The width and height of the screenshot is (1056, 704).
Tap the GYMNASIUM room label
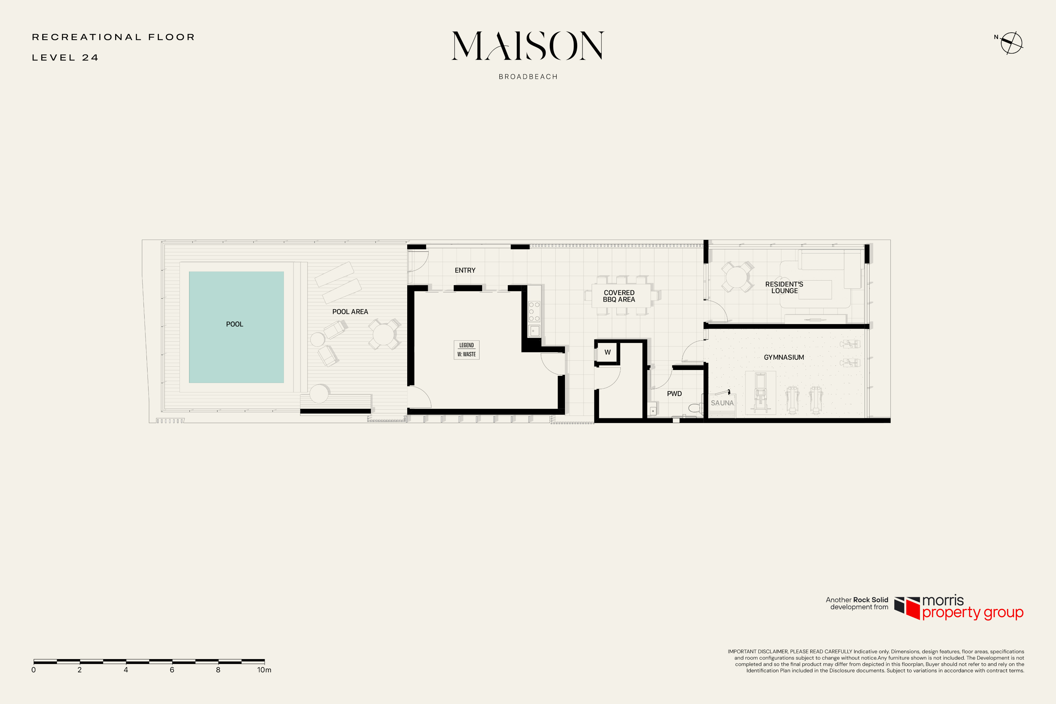coord(784,357)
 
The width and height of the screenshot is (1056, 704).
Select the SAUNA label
coord(722,403)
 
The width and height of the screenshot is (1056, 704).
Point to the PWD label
coord(674,394)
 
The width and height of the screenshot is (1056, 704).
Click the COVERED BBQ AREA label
coord(619,296)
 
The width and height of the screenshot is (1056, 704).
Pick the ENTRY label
coord(465,270)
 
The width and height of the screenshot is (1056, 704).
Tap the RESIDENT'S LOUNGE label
coord(784,287)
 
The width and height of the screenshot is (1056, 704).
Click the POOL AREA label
coord(350,312)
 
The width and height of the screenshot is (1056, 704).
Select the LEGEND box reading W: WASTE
coord(466,350)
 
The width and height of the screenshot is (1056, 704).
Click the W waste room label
coord(607,352)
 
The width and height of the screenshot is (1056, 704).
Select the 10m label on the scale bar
coord(264,670)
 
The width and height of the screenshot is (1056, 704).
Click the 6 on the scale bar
coord(172,670)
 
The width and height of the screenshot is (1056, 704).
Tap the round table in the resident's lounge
coord(737,277)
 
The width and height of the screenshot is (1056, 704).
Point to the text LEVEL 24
coord(65,57)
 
